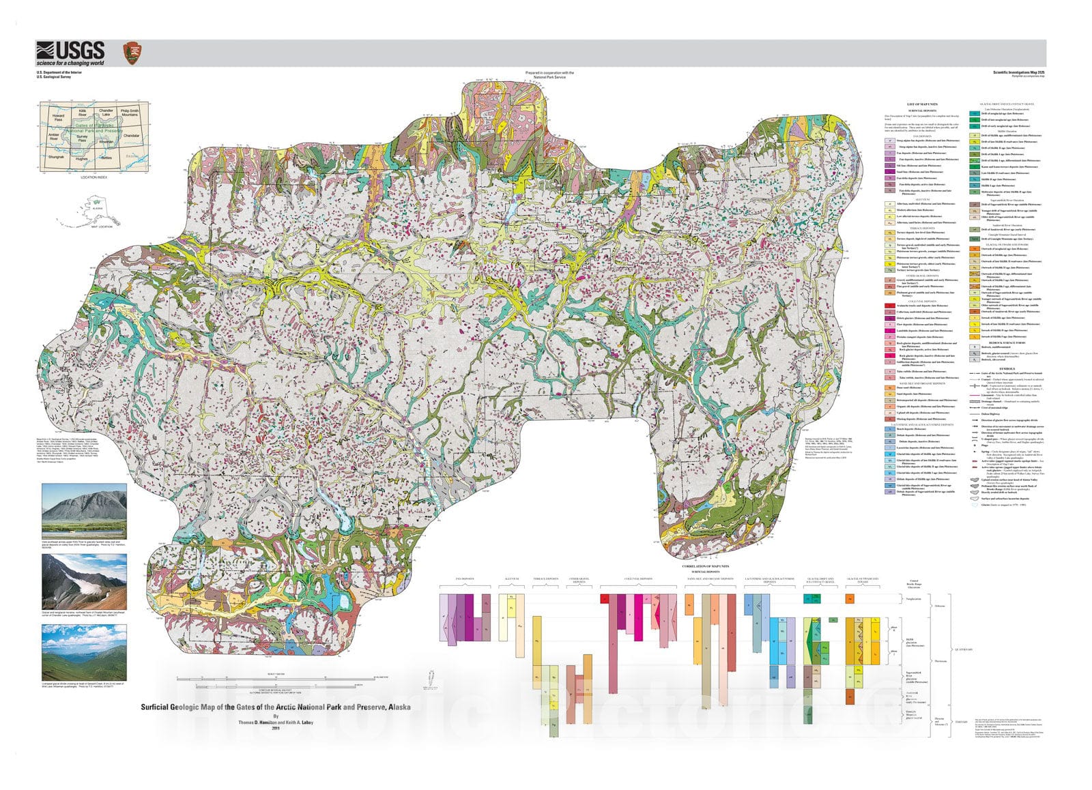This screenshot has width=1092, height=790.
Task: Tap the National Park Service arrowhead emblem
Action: tap(132, 53)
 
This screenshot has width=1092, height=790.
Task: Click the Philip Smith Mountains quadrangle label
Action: tap(129, 112)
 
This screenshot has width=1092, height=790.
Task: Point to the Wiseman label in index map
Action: tap(106, 141)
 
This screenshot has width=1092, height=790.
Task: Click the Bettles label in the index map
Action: tap(106, 158)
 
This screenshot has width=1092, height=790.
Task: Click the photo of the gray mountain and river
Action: tap(84, 511)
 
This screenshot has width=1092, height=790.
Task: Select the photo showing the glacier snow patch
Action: tap(84, 581)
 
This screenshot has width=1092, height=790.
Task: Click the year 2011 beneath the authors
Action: tap(276, 729)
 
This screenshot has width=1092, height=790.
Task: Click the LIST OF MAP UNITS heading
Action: tap(922, 104)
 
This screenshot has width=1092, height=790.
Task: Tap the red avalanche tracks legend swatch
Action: tap(890, 306)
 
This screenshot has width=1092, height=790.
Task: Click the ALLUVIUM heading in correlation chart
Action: tap(512, 579)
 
